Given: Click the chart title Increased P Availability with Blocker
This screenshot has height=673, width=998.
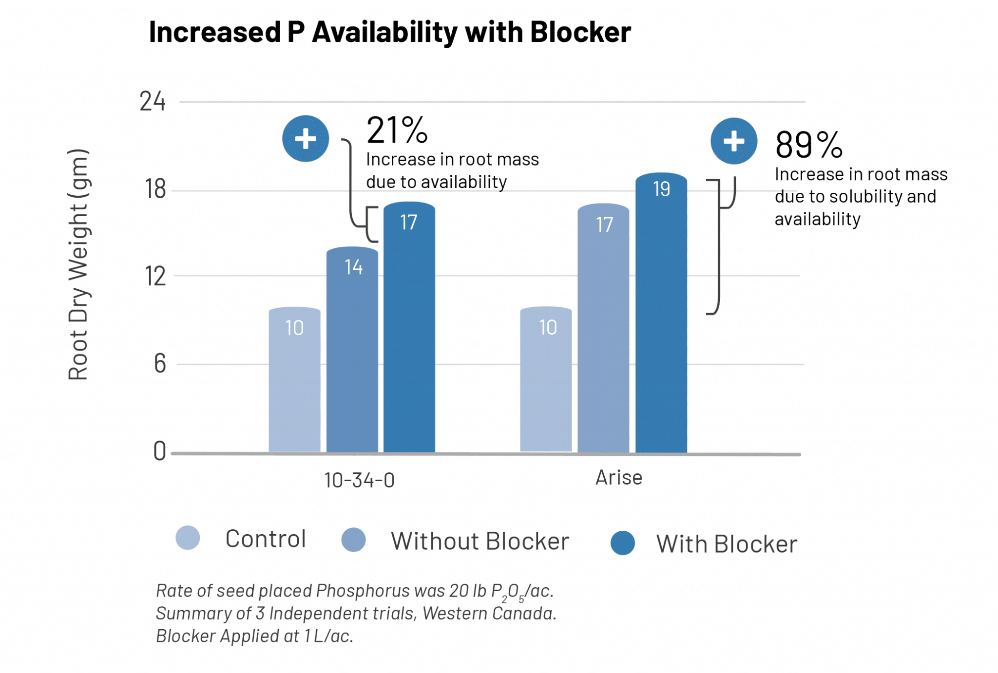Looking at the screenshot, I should point(389,32).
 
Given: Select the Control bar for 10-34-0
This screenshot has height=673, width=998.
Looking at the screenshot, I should point(294,380).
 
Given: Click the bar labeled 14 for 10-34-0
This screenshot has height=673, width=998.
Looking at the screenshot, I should point(352,351).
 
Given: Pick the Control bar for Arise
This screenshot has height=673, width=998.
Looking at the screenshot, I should point(546,380).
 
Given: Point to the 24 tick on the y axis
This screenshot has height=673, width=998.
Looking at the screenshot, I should point(153,102).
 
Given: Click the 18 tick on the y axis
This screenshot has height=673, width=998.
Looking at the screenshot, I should point(155,189).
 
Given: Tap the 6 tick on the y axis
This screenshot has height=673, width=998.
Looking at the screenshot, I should point(160,364).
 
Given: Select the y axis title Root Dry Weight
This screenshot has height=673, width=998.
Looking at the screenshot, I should point(78,264).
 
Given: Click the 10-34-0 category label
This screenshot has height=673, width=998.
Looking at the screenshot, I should point(359,480).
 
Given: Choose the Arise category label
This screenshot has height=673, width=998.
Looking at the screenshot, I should point(618,478).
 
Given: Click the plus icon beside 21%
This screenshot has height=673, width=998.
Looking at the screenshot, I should point(306,139).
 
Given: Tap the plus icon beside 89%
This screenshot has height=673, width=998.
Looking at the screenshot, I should point(733,141).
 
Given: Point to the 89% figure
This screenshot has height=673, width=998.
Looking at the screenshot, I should point(808,145).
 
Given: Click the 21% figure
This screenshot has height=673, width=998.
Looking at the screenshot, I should point(397,131).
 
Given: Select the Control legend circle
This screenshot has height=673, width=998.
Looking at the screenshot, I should point(188,538).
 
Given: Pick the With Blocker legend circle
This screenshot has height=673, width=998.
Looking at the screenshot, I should point(622,543).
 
